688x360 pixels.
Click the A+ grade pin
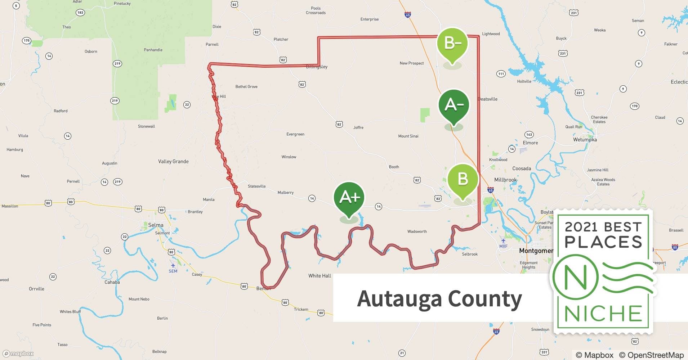point(349,198)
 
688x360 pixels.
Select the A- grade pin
point(454,105)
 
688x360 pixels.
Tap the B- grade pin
point(452,44)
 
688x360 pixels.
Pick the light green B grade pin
point(463,179)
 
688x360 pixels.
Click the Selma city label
point(156,225)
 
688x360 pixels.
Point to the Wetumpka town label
point(585,140)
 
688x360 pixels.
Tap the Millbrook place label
point(505,180)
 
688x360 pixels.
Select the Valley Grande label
point(173,161)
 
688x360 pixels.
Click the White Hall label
point(320,276)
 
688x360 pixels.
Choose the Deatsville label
point(487,99)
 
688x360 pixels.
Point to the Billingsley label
point(317,67)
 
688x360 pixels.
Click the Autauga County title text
point(439,298)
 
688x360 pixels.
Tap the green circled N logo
point(575,278)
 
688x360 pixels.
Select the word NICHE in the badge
point(603,314)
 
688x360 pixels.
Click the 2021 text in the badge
point(582,227)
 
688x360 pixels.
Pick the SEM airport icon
point(173,266)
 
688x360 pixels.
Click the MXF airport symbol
point(503,241)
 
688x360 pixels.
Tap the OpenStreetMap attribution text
point(652,355)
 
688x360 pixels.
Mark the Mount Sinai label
point(408,136)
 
